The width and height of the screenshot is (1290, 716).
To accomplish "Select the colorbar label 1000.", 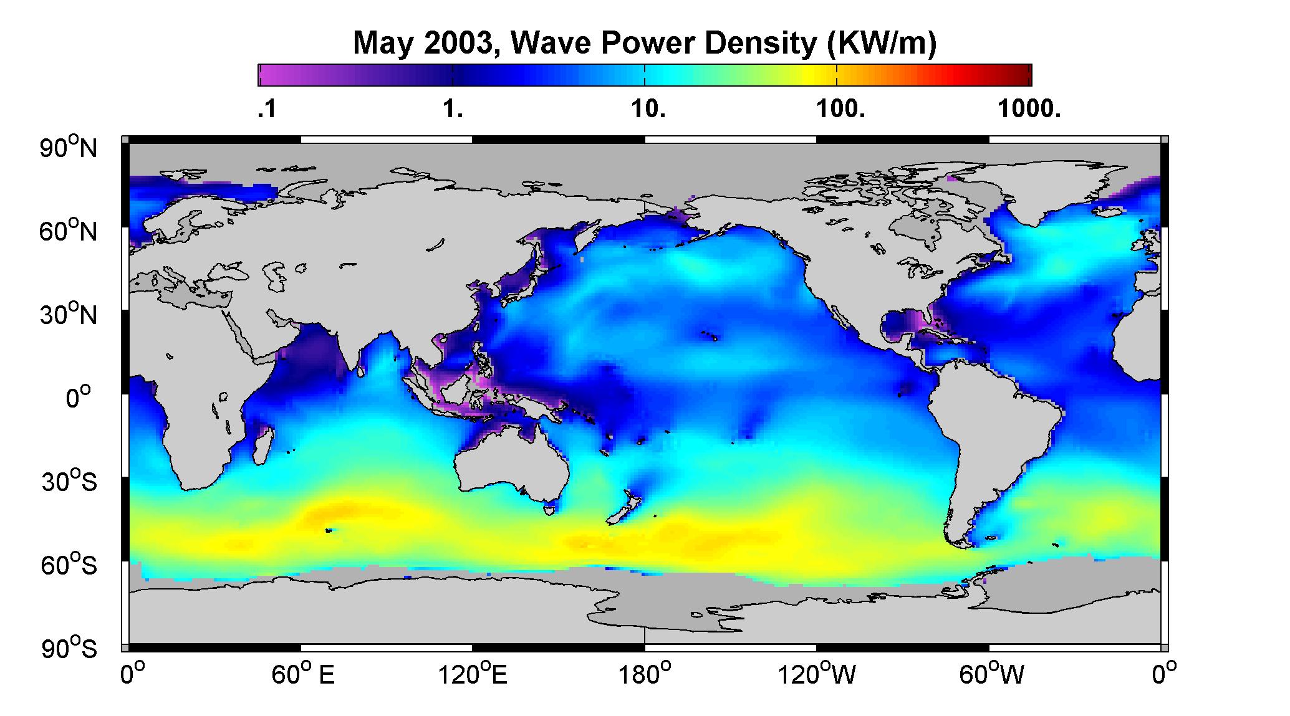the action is pos(1029,110).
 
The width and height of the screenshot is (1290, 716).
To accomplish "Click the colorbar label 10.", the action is pos(648,110).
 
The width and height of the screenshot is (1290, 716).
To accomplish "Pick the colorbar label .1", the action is pos(266,110).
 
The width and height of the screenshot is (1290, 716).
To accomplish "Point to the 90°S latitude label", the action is pos(69,648).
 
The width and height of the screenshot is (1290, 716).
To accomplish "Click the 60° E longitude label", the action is pos(303,674).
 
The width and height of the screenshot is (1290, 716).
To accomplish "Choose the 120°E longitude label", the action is pos(473,674).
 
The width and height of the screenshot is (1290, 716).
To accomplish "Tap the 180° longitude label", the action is pos(645,674).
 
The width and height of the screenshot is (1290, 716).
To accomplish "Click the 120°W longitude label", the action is pos(817,674).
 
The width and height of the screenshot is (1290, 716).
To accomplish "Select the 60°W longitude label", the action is pos(991,674).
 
